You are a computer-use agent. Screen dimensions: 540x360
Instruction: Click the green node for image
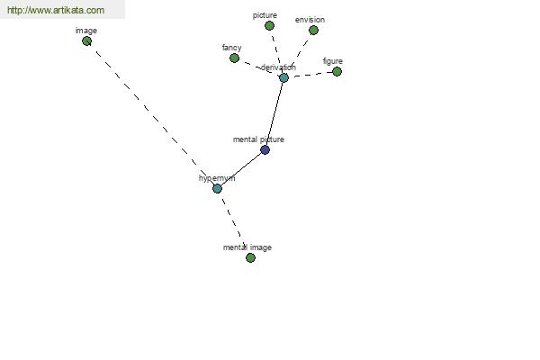86,41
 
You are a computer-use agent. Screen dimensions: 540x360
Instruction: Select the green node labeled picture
269,25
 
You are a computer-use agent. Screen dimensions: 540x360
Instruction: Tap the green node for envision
313,31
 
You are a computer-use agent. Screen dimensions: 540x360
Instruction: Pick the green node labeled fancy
234,58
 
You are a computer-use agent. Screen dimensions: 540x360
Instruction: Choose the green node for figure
337,72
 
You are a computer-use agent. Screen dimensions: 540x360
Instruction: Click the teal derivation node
283,78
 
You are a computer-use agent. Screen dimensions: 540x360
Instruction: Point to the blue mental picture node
265,150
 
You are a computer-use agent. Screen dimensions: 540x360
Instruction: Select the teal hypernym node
217,188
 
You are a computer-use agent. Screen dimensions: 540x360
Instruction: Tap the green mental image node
250,257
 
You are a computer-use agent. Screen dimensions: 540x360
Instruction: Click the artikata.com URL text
56,10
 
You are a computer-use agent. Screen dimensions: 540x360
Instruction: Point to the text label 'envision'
310,20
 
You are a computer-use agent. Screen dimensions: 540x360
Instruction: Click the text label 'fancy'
232,48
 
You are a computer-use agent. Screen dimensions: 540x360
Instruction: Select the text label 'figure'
333,61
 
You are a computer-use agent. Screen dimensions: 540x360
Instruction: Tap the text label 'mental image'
247,247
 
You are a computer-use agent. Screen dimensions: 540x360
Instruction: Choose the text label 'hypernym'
217,178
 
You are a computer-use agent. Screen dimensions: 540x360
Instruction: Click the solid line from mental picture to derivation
274,113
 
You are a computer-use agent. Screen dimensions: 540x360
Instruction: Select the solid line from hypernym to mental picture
241,169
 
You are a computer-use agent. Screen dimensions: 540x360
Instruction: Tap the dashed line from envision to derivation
299,53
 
